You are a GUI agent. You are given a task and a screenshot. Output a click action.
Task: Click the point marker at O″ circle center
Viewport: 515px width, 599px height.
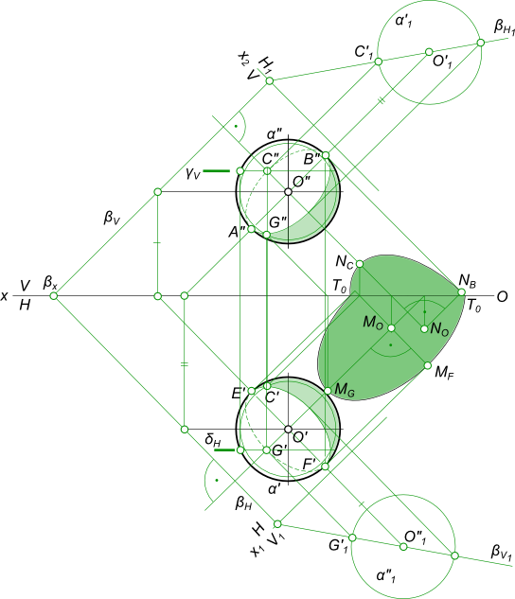pyautogui.click(x=288, y=192)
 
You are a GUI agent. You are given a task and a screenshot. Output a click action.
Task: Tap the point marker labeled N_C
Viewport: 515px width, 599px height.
pyautogui.click(x=360, y=264)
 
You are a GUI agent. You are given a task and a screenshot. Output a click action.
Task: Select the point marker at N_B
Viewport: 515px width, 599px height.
pyautogui.click(x=462, y=292)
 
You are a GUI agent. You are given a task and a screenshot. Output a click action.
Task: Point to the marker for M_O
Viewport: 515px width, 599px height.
pyautogui.click(x=391, y=328)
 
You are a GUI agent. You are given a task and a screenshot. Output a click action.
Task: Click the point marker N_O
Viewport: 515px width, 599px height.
pyautogui.click(x=424, y=328)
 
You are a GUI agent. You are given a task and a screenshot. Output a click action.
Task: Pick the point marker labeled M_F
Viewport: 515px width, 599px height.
pyautogui.click(x=428, y=365)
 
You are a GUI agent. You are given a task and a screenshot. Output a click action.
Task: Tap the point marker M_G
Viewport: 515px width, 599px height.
pyautogui.click(x=328, y=391)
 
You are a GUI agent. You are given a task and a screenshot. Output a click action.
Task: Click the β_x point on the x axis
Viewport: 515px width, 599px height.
pyautogui.click(x=54, y=295)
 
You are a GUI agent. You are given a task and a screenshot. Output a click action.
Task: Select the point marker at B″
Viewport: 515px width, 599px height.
pyautogui.click(x=325, y=155)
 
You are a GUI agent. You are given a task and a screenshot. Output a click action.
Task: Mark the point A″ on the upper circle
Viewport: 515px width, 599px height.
pyautogui.click(x=251, y=229)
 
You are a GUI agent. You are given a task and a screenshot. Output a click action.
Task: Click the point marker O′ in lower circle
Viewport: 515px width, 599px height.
pyautogui.click(x=288, y=430)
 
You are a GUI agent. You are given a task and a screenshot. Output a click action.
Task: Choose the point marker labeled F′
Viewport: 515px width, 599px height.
pyautogui.click(x=325, y=467)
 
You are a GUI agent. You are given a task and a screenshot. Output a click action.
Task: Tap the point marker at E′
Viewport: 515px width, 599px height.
pyautogui.click(x=252, y=391)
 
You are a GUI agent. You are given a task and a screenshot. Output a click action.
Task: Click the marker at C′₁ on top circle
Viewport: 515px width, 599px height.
pyautogui.click(x=379, y=62)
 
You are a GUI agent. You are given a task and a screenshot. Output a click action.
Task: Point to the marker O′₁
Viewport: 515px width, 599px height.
pyautogui.click(x=429, y=52)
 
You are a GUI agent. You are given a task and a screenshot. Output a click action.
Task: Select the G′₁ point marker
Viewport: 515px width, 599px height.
pyautogui.click(x=352, y=537)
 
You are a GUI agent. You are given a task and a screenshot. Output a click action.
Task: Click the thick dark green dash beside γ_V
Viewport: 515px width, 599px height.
pyautogui.click(x=216, y=170)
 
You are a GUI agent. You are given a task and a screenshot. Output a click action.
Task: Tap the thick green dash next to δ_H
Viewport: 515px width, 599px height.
pyautogui.click(x=224, y=450)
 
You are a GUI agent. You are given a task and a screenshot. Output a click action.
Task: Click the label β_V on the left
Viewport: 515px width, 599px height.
pyautogui.click(x=112, y=218)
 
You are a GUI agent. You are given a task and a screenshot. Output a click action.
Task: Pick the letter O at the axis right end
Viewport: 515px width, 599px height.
pyautogui.click(x=502, y=296)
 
